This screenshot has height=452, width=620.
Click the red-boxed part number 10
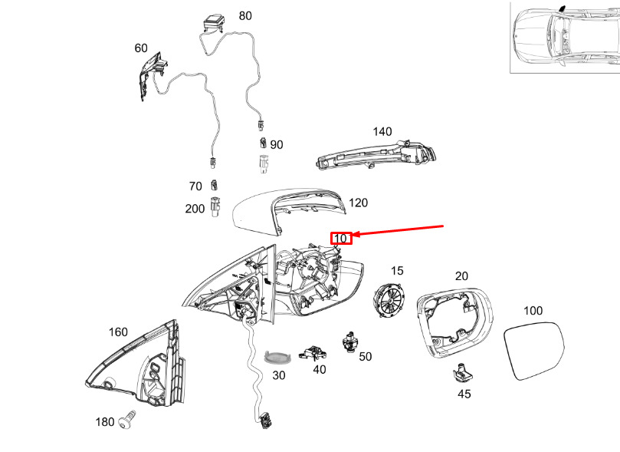pos(341,238)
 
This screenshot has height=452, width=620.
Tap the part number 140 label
pos(382,131)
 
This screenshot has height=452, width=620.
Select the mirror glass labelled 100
pos(534,350)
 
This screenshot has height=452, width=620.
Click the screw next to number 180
pos(127,421)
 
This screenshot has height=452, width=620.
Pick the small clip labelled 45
pos(461,373)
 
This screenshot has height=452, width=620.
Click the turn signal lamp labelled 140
pos(376,155)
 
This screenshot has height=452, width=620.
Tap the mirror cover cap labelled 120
pos(288,212)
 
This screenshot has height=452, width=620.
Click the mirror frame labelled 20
pos(454,322)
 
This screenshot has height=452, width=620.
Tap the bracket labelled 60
pos(153,75)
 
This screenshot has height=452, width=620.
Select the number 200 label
pos(195,209)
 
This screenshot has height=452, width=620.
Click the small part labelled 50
pos(349,342)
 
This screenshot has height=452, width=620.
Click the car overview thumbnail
pos(565,37)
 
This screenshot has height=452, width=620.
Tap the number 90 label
pos(277,145)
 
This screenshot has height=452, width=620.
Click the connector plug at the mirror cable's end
pos(265,421)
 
